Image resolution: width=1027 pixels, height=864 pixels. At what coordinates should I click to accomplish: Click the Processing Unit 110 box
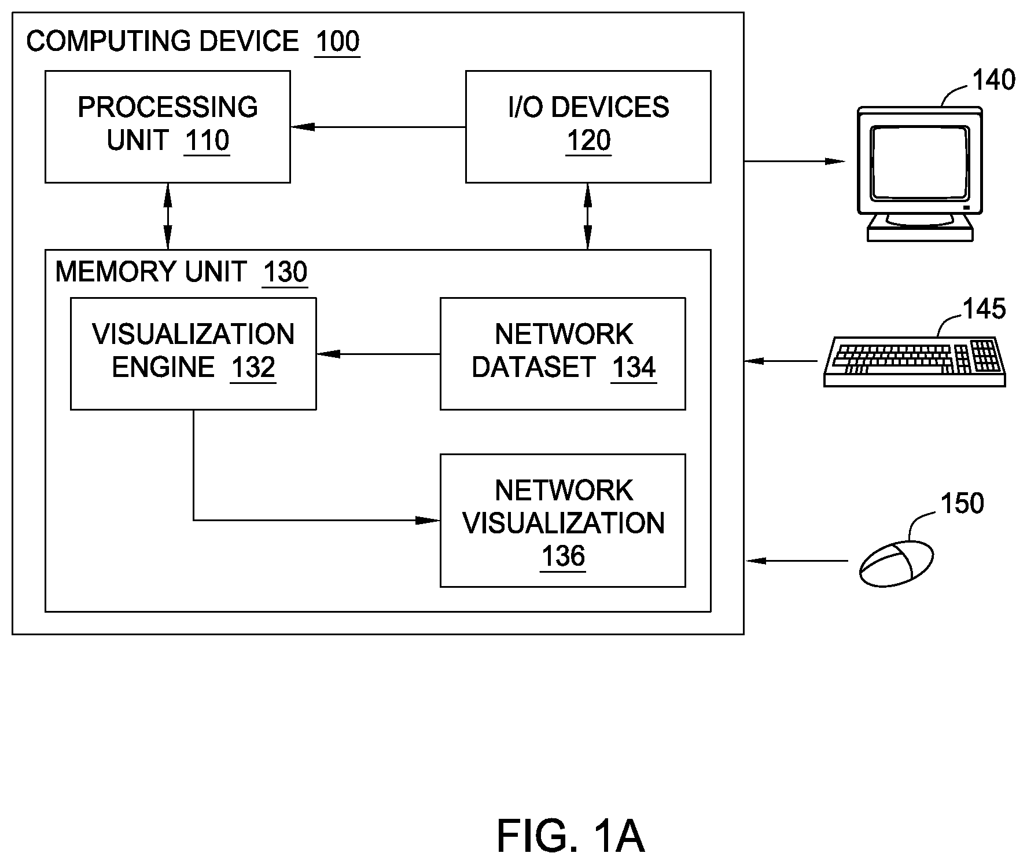[x=168, y=127]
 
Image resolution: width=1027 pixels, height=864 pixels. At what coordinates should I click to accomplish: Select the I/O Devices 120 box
[x=588, y=127]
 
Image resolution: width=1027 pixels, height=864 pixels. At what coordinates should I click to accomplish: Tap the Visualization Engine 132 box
[x=193, y=354]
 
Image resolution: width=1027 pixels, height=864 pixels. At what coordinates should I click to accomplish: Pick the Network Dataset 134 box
[x=563, y=354]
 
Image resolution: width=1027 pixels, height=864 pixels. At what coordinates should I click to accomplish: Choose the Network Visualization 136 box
[x=563, y=521]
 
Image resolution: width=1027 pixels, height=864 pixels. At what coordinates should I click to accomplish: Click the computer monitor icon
[x=920, y=174]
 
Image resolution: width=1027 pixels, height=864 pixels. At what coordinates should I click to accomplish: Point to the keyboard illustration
[x=915, y=361]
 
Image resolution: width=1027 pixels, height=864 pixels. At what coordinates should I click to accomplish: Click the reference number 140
[x=993, y=80]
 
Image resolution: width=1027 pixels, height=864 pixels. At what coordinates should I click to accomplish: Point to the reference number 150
[x=962, y=503]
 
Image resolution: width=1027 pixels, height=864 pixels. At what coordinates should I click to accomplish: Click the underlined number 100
[x=337, y=42]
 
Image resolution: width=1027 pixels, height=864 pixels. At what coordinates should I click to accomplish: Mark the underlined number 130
[x=285, y=272]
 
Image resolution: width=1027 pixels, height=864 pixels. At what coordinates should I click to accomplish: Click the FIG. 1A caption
[x=570, y=836]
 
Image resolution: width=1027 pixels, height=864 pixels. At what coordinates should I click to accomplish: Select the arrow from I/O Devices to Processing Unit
[x=378, y=127]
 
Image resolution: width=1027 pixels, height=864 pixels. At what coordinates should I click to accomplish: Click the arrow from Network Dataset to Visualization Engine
[x=378, y=354]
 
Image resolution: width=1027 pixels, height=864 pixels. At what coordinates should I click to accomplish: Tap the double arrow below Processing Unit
[x=168, y=217]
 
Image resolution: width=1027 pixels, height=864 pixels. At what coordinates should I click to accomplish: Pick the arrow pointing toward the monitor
[x=795, y=161]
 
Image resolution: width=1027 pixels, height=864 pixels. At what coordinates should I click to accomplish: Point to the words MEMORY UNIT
[x=151, y=272]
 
